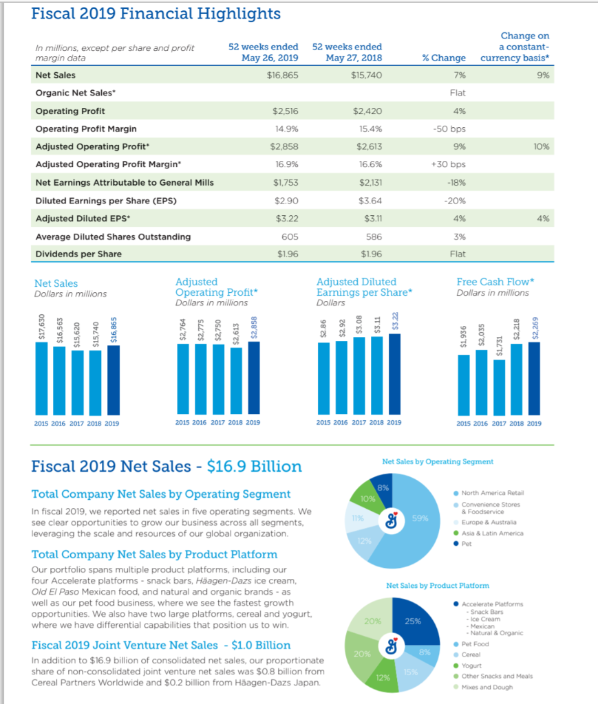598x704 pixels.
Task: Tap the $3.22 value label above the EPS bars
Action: click(x=394, y=323)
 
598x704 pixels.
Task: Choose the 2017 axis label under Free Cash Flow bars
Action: click(x=499, y=423)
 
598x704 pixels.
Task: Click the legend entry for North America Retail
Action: click(x=493, y=493)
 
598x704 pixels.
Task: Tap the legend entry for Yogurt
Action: click(x=471, y=665)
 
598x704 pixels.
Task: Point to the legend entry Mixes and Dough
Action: click(x=487, y=687)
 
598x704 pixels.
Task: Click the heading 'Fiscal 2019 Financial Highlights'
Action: click(x=156, y=14)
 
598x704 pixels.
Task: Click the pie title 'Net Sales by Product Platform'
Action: click(x=438, y=586)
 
